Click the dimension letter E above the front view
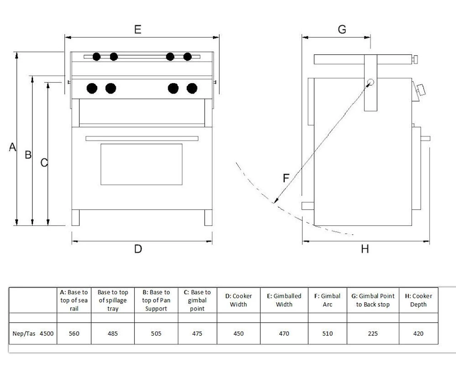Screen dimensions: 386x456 pyautogui.click(x=138, y=29)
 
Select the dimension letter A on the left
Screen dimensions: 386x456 pyautogui.click(x=12, y=147)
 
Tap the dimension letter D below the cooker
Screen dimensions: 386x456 pyautogui.click(x=138, y=249)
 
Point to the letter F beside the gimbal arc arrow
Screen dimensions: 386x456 pyautogui.click(x=286, y=178)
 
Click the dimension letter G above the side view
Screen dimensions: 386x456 pyautogui.click(x=342, y=29)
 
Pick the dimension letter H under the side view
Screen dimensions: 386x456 pyautogui.click(x=364, y=249)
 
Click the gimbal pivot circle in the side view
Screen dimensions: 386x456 pyautogui.click(x=370, y=83)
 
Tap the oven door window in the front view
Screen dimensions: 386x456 pyautogui.click(x=141, y=164)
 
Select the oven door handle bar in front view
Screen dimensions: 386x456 pyautogui.click(x=142, y=138)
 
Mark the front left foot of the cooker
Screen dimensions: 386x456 pyautogui.click(x=76, y=218)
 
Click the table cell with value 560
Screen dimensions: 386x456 pyautogui.click(x=74, y=334)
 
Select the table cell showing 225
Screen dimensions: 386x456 pyautogui.click(x=373, y=334)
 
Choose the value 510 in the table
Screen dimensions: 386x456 pyautogui.click(x=327, y=334)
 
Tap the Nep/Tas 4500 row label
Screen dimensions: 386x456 pyautogui.click(x=33, y=334)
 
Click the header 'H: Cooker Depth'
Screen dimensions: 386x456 pyautogui.click(x=418, y=300)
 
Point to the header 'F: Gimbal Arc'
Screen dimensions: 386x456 pyautogui.click(x=327, y=300)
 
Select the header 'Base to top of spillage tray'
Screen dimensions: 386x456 pyautogui.click(x=113, y=300)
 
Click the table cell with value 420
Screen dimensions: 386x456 pyautogui.click(x=418, y=334)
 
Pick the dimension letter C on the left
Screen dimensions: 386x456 pyautogui.click(x=44, y=162)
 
